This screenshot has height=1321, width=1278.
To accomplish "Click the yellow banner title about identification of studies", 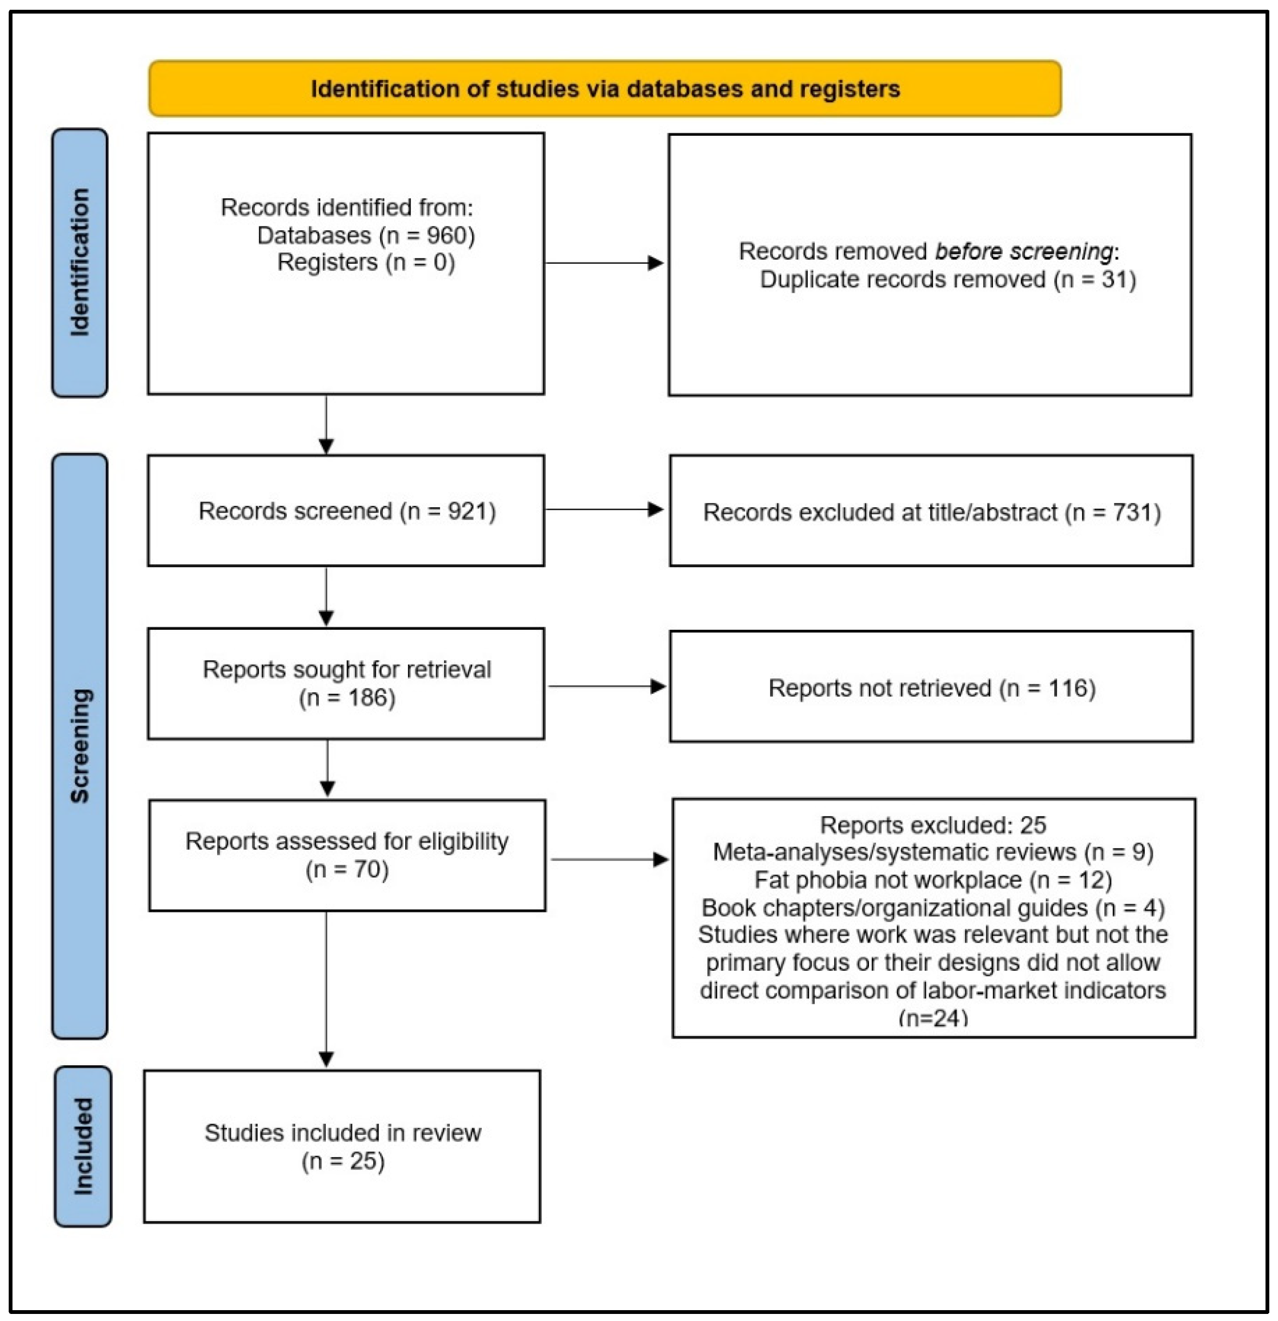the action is (605, 89).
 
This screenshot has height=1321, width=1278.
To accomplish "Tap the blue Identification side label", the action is (79, 262).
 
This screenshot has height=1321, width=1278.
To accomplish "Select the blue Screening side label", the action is (79, 746).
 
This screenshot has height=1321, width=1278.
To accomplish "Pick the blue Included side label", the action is (82, 1146).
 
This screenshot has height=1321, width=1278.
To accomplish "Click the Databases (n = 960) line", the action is (366, 235).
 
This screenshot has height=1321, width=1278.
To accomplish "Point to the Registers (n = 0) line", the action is (366, 262).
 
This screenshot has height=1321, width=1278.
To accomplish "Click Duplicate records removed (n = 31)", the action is (948, 279).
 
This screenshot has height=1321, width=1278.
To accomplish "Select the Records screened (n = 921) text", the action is (347, 511).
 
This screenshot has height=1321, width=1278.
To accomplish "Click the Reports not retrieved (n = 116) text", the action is (932, 688).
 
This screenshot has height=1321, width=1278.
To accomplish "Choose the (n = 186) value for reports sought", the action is (347, 698).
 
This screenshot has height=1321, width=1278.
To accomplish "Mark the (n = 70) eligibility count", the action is (347, 869).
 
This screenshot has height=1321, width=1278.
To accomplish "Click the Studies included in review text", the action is (343, 1133).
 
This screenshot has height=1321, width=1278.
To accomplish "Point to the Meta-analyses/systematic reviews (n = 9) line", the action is (934, 852).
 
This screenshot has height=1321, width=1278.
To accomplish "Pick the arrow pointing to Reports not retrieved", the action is (607, 686).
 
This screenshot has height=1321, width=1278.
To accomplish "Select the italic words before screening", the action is (1024, 251).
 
